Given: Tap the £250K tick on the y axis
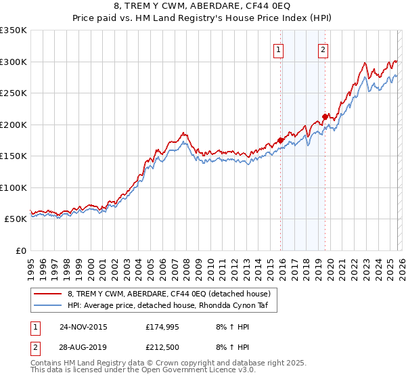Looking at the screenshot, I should [x=14, y=93].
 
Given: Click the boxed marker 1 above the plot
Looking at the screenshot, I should [x=279, y=49].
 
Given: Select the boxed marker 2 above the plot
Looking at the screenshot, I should [x=323, y=49].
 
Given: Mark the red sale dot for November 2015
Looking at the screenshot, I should [x=280, y=141].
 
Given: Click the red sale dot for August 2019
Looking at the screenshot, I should [x=325, y=116].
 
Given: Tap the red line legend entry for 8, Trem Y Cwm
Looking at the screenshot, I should [x=169, y=294].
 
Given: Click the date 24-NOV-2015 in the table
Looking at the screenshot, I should [x=83, y=327].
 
